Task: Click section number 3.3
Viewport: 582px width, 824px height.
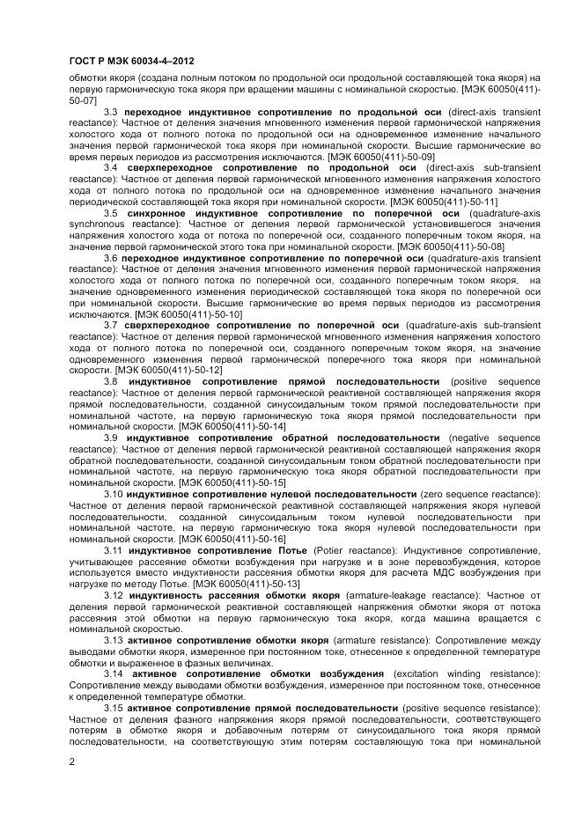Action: point(111,113)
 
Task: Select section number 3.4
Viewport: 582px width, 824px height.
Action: point(111,167)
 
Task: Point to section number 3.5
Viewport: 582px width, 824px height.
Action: point(111,213)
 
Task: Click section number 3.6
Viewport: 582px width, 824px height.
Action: point(111,259)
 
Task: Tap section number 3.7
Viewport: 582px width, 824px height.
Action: point(111,325)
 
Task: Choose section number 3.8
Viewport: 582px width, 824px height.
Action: point(111,382)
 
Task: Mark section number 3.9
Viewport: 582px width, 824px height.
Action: point(111,438)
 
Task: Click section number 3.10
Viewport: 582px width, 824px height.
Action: point(114,495)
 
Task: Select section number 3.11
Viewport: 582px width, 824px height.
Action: point(114,550)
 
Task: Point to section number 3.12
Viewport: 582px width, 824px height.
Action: point(114,596)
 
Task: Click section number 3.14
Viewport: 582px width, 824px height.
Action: point(114,673)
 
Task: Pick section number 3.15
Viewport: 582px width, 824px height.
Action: point(114,708)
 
